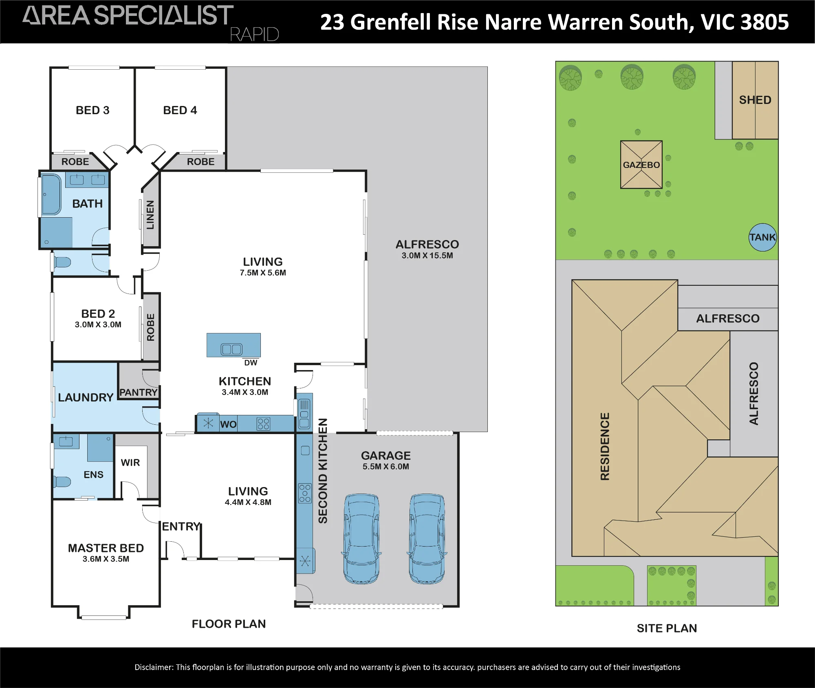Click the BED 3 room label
93,110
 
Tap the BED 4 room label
180,110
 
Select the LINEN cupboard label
150,215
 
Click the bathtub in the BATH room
51,194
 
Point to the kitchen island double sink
231,349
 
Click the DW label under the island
251,363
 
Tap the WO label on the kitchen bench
228,424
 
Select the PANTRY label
139,393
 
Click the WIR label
130,463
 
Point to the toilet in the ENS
62,482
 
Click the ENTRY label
181,527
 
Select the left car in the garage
361,539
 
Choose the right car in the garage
427,539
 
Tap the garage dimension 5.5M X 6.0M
386,467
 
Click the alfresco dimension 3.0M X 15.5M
427,256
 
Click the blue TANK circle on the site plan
763,237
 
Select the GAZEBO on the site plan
641,165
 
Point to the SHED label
755,100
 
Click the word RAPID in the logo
255,35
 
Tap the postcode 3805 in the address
765,22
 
